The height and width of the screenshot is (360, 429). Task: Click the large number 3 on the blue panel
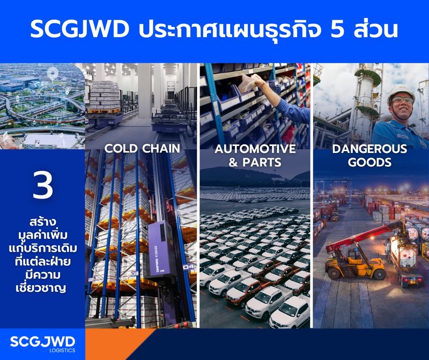pyautogui.click(x=42, y=185)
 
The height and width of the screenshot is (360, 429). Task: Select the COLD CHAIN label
pyautogui.click(x=142, y=148)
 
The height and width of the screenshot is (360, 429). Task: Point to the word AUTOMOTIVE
pyautogui.click(x=255, y=149)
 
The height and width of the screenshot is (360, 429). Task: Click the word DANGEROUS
pyautogui.click(x=369, y=149)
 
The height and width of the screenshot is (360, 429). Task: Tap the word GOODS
pyautogui.click(x=369, y=162)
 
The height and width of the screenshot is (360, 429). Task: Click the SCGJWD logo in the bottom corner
pyautogui.click(x=42, y=341)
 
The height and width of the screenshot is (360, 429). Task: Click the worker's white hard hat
pyautogui.click(x=401, y=91)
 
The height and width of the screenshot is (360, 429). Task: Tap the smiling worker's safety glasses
pyautogui.click(x=401, y=100)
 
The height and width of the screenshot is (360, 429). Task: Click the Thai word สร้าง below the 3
pyautogui.click(x=42, y=222)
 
